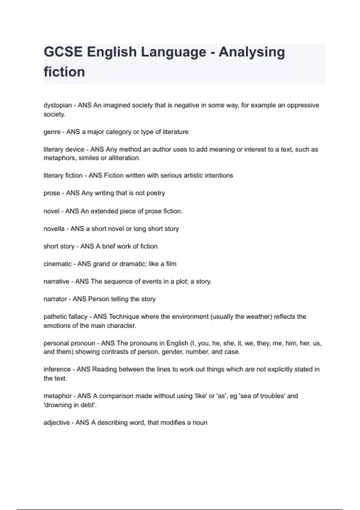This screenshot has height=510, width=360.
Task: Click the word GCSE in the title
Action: [x=63, y=52]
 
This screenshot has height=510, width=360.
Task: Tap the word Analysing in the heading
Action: [x=251, y=52]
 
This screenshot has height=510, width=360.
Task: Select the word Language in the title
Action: [x=173, y=52]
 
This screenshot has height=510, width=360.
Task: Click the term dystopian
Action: [x=58, y=105]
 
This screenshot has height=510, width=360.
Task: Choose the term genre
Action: [x=52, y=132]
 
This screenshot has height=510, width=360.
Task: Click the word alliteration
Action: [x=124, y=158]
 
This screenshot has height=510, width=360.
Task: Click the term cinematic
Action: [x=58, y=264]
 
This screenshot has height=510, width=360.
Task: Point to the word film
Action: [x=171, y=264]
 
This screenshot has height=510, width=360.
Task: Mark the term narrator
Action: [x=55, y=299]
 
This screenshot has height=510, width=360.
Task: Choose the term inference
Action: [x=57, y=369]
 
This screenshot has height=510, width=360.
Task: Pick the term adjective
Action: [x=57, y=423]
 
